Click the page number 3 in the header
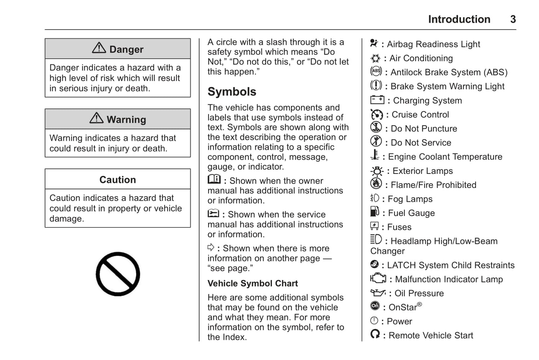point(513,19)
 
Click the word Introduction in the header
point(459,19)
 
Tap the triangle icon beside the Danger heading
point(99,48)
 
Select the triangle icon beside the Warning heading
point(97,118)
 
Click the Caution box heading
point(117,179)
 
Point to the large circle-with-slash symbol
point(118,274)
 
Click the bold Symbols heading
point(232,92)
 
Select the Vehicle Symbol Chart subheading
point(253,284)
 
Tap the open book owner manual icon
point(214,179)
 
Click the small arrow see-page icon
point(211,247)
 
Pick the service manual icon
point(213,213)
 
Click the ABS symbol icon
point(376,71)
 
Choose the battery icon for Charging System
point(377,100)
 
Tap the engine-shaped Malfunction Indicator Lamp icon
point(378,278)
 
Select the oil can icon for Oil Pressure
point(377,293)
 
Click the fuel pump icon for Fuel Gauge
point(375,212)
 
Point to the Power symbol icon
point(374,320)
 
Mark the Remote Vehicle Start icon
point(375,334)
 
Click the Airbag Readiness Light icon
point(374,43)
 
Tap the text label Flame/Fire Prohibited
point(433,185)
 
